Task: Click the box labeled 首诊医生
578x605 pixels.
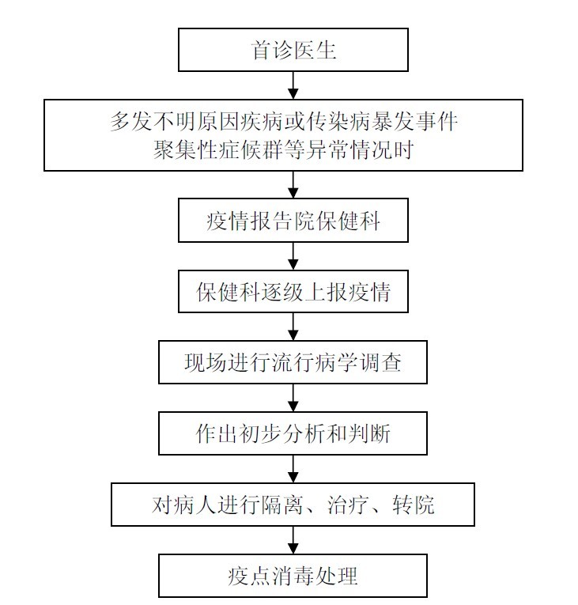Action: [x=293, y=51]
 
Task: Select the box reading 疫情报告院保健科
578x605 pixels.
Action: [x=293, y=221]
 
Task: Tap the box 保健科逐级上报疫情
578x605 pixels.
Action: [x=293, y=292]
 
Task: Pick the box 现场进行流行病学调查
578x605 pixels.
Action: [x=293, y=363]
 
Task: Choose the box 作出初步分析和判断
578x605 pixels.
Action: [x=293, y=433]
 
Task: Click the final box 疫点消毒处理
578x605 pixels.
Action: [x=293, y=576]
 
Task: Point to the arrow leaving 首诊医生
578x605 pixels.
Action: [x=293, y=85]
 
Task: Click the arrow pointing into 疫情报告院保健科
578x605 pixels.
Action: [x=293, y=185]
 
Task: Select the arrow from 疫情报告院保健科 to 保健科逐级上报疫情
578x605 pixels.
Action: [x=293, y=256]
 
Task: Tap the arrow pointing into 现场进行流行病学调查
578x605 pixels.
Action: [x=293, y=327]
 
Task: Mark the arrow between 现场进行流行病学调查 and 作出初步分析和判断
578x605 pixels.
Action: [x=293, y=399]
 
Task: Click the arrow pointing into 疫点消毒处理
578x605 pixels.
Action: [x=293, y=540]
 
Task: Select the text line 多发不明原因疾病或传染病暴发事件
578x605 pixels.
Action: [x=283, y=123]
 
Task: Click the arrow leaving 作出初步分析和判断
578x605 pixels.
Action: [x=293, y=469]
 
